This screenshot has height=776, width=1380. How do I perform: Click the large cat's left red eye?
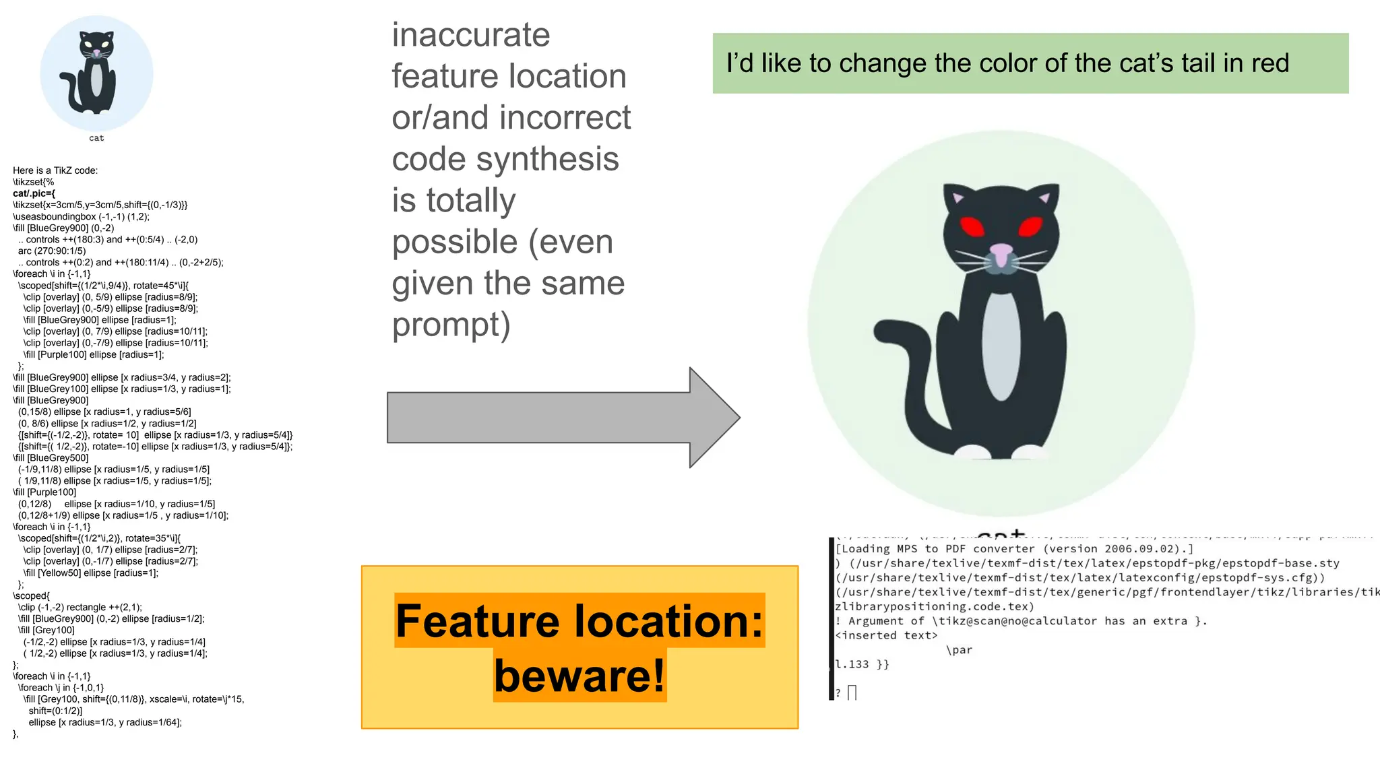972,226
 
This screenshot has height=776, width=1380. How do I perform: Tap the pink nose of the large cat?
1001,253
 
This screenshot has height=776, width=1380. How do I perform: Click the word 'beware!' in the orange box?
579,676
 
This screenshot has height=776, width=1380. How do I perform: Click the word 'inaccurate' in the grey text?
471,35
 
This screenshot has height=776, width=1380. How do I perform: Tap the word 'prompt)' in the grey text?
451,325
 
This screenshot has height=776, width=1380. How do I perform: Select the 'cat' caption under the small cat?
96,138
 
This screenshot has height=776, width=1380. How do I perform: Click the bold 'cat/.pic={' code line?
34,193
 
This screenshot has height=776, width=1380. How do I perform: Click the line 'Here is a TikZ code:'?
55,170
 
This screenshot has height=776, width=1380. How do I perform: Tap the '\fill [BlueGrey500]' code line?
51,458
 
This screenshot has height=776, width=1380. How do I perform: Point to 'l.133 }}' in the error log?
862,664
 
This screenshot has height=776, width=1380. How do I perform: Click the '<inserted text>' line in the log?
886,635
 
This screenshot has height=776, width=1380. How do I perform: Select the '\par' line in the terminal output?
959,650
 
